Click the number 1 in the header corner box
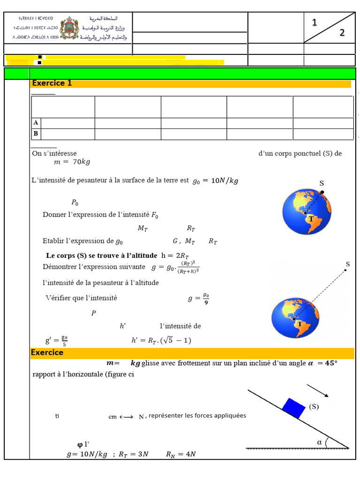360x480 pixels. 315,22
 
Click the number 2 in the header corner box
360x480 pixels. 342,33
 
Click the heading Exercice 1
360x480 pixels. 52,83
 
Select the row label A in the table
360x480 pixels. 36,123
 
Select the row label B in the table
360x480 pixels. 36,134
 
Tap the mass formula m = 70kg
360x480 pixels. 72,162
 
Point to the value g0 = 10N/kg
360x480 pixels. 215,181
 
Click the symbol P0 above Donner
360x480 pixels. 75,202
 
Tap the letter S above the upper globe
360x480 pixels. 322,183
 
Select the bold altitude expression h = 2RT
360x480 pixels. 175,256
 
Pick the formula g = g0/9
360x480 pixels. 198,299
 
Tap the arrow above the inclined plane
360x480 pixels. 317,390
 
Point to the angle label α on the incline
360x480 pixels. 320,442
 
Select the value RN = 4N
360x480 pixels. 180,454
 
